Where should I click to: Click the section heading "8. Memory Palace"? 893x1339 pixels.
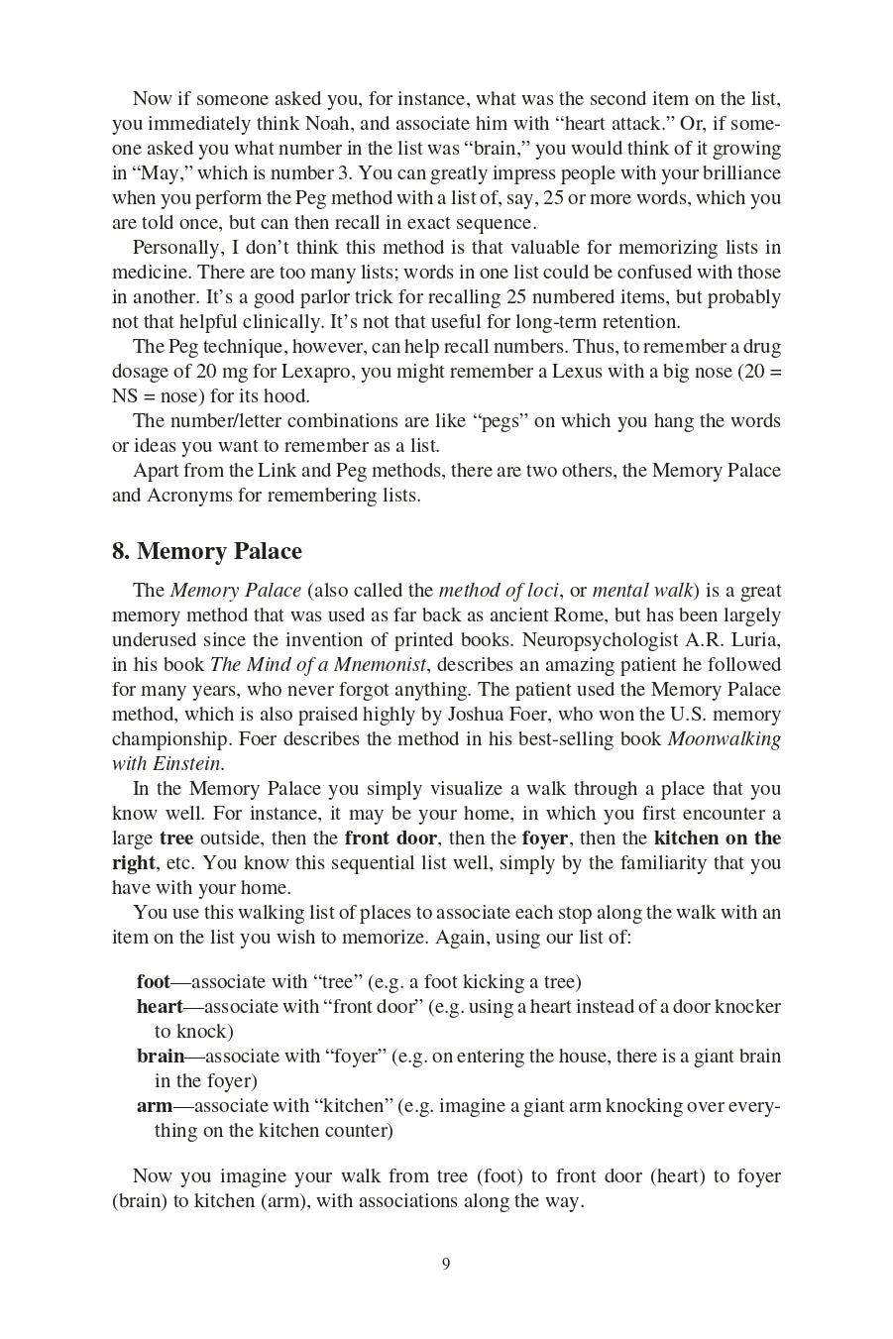tap(207, 551)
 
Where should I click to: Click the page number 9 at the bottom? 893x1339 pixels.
tap(446, 1263)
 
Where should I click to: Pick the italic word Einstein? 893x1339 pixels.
tap(187, 764)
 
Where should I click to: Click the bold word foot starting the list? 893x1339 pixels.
tap(153, 982)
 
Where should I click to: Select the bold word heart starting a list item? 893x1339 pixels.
tap(160, 1007)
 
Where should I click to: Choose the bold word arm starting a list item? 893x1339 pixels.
tap(155, 1106)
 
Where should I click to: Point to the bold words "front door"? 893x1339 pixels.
tap(391, 838)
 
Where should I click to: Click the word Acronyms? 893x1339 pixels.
tap(189, 496)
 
